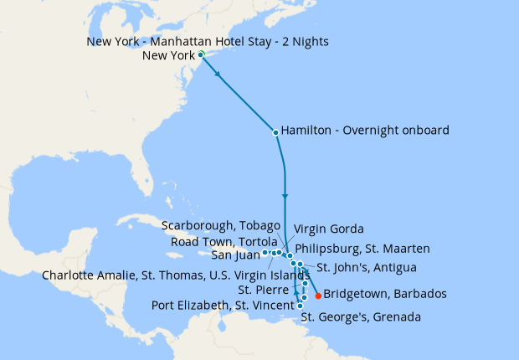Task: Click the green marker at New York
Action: pyautogui.click(x=201, y=54)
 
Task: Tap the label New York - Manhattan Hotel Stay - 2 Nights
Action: pyautogui.click(x=208, y=41)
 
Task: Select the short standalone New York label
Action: pyautogui.click(x=169, y=56)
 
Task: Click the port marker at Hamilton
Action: pyautogui.click(x=275, y=131)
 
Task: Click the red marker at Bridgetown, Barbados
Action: pyautogui.click(x=318, y=295)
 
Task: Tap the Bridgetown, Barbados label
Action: pyautogui.click(x=384, y=294)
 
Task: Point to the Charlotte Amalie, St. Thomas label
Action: pyautogui.click(x=175, y=274)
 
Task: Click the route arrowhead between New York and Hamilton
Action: pyautogui.click(x=219, y=75)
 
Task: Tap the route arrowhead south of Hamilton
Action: pyautogui.click(x=285, y=198)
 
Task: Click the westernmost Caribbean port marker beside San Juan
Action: pyautogui.click(x=265, y=252)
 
